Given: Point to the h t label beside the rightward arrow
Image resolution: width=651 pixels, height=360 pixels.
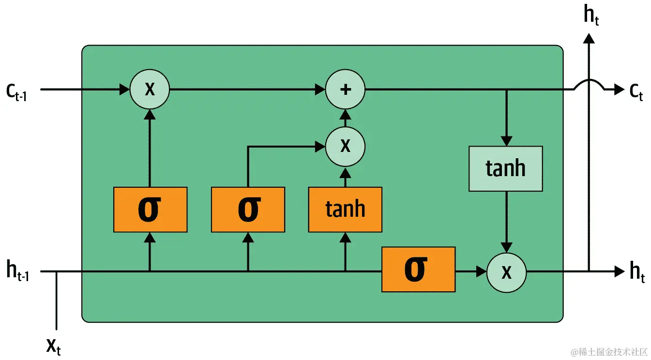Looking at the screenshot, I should [x=637, y=272].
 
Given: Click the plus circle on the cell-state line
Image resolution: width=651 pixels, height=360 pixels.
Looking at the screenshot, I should [x=345, y=90].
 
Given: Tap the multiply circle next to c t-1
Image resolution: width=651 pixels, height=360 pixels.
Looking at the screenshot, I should [x=150, y=90].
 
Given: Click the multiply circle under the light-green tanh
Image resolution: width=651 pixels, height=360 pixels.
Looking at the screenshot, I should [x=506, y=272].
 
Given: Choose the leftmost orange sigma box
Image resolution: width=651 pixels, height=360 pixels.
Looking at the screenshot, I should [x=150, y=209].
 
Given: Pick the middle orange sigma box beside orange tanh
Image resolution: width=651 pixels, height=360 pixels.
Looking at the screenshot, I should [x=248, y=209].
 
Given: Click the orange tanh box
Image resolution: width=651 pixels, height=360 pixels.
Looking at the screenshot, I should [x=345, y=209].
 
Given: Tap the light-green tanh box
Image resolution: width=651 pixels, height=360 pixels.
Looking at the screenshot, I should [x=506, y=168].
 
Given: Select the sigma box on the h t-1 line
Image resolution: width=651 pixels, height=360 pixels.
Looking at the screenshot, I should [x=418, y=270].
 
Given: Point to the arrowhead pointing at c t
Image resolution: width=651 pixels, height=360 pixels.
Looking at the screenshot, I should [x=619, y=90].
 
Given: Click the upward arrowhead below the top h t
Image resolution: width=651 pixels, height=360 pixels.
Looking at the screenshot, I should [x=589, y=38].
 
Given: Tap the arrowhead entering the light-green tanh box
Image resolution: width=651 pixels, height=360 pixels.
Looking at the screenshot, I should [x=506, y=141].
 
